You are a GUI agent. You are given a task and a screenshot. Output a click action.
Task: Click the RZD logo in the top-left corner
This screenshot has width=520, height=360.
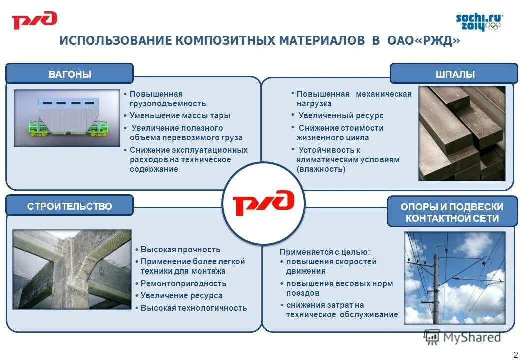(x=34, y=21)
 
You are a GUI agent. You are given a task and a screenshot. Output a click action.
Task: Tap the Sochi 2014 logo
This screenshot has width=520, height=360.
(x=478, y=22)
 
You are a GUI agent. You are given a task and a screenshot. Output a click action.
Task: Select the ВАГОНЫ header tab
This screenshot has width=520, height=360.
(x=70, y=74)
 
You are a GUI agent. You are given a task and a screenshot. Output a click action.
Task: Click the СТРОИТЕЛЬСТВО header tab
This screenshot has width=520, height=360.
(x=70, y=206)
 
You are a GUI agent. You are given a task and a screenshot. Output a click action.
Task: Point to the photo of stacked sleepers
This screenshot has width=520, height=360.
(x=461, y=133)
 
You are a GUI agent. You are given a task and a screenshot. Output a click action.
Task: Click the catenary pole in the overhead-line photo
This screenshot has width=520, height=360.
(x=436, y=285)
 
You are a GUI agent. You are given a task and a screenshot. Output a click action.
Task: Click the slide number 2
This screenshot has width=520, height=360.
(x=515, y=354)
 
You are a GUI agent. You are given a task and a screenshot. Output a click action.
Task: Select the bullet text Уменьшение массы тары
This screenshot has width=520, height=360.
(x=180, y=116)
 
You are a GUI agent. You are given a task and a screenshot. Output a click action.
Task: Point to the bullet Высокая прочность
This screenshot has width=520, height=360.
(x=180, y=250)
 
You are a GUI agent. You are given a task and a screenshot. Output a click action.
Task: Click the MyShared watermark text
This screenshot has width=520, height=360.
(x=470, y=337)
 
